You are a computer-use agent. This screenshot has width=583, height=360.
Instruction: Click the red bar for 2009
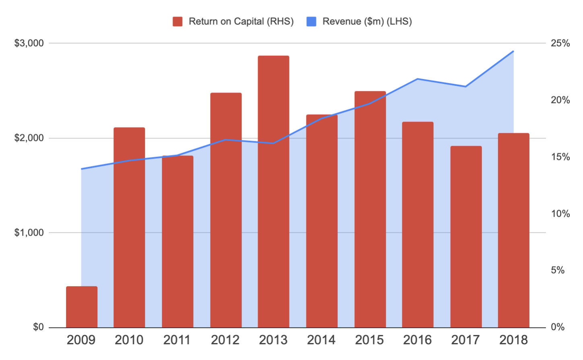(82, 307)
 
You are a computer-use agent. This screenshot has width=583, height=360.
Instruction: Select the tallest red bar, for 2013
(273, 192)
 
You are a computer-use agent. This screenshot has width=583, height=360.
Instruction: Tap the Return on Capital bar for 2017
(466, 237)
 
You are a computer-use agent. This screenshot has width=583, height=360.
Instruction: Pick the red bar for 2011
(178, 242)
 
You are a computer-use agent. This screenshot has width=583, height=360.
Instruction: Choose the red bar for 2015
(370, 209)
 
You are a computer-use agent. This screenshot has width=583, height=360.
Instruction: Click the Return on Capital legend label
(241, 21)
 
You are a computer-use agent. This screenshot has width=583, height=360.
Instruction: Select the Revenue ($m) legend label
(367, 21)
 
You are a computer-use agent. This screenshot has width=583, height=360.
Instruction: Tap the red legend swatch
(178, 21)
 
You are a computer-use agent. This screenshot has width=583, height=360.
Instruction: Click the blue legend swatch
(311, 21)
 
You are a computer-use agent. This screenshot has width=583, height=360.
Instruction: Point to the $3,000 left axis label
(29, 43)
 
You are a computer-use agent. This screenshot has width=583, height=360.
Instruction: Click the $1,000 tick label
(29, 233)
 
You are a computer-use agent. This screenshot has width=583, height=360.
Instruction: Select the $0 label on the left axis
(38, 327)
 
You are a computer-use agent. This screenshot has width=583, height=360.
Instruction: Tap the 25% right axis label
(560, 43)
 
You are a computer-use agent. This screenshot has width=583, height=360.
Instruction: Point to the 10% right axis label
(560, 214)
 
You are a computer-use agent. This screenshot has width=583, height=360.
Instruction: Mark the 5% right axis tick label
(558, 270)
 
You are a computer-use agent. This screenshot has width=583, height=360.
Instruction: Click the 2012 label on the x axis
(225, 340)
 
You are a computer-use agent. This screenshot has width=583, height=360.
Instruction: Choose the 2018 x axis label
(513, 340)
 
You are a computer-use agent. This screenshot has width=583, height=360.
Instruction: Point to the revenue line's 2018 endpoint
(513, 51)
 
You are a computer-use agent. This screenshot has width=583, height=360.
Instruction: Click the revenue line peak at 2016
(418, 79)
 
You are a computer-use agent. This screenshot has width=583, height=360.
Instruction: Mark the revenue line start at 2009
(82, 169)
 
